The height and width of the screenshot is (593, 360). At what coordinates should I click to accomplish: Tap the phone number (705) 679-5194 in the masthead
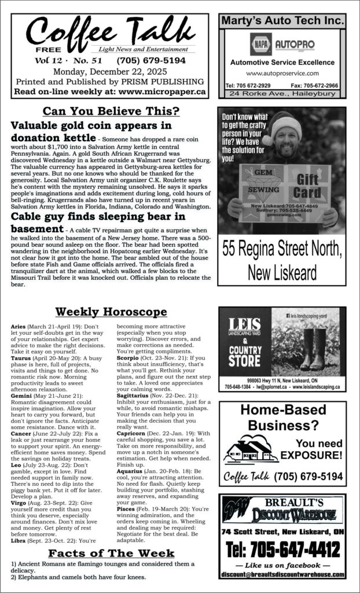[151, 60]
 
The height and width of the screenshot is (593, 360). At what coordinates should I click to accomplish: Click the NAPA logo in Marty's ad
[260, 44]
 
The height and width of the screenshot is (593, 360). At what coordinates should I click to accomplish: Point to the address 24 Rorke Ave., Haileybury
[282, 93]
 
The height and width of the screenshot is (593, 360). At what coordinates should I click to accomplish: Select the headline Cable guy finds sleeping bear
[98, 217]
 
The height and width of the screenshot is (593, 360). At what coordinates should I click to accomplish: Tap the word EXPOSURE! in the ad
[313, 455]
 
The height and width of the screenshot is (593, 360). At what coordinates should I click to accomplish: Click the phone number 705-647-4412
[282, 547]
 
